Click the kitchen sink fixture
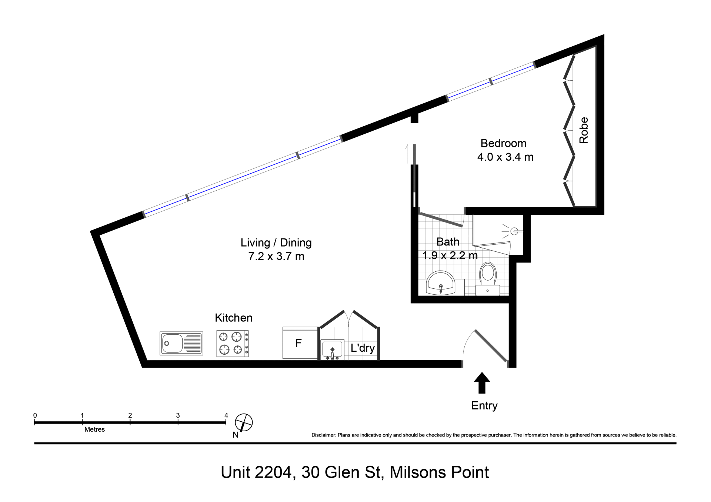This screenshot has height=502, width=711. pyautogui.click(x=181, y=343)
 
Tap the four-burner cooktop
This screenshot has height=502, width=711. pyautogui.click(x=232, y=343)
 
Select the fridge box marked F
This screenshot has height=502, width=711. pyautogui.click(x=300, y=343)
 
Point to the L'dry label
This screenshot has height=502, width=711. pyautogui.click(x=363, y=348)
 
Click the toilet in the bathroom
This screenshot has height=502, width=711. pyautogui.click(x=488, y=279)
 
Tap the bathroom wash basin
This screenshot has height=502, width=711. pyautogui.click(x=441, y=283)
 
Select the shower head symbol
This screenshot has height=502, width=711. pyautogui.click(x=513, y=231)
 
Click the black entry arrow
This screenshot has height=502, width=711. pyautogui.click(x=482, y=383)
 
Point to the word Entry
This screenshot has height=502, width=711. pyautogui.click(x=484, y=406)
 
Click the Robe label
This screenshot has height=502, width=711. pyautogui.click(x=584, y=130)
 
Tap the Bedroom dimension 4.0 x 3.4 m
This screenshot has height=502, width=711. pyautogui.click(x=505, y=157)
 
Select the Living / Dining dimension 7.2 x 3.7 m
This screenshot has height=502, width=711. pyautogui.click(x=276, y=256)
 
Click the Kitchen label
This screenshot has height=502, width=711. pyautogui.click(x=234, y=318)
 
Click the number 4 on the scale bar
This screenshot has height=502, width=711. pyautogui.click(x=226, y=415)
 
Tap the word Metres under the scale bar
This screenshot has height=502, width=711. pyautogui.click(x=94, y=429)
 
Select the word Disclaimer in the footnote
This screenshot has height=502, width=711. pyautogui.click(x=323, y=435)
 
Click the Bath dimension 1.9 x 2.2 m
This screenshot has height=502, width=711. pyautogui.click(x=450, y=255)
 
